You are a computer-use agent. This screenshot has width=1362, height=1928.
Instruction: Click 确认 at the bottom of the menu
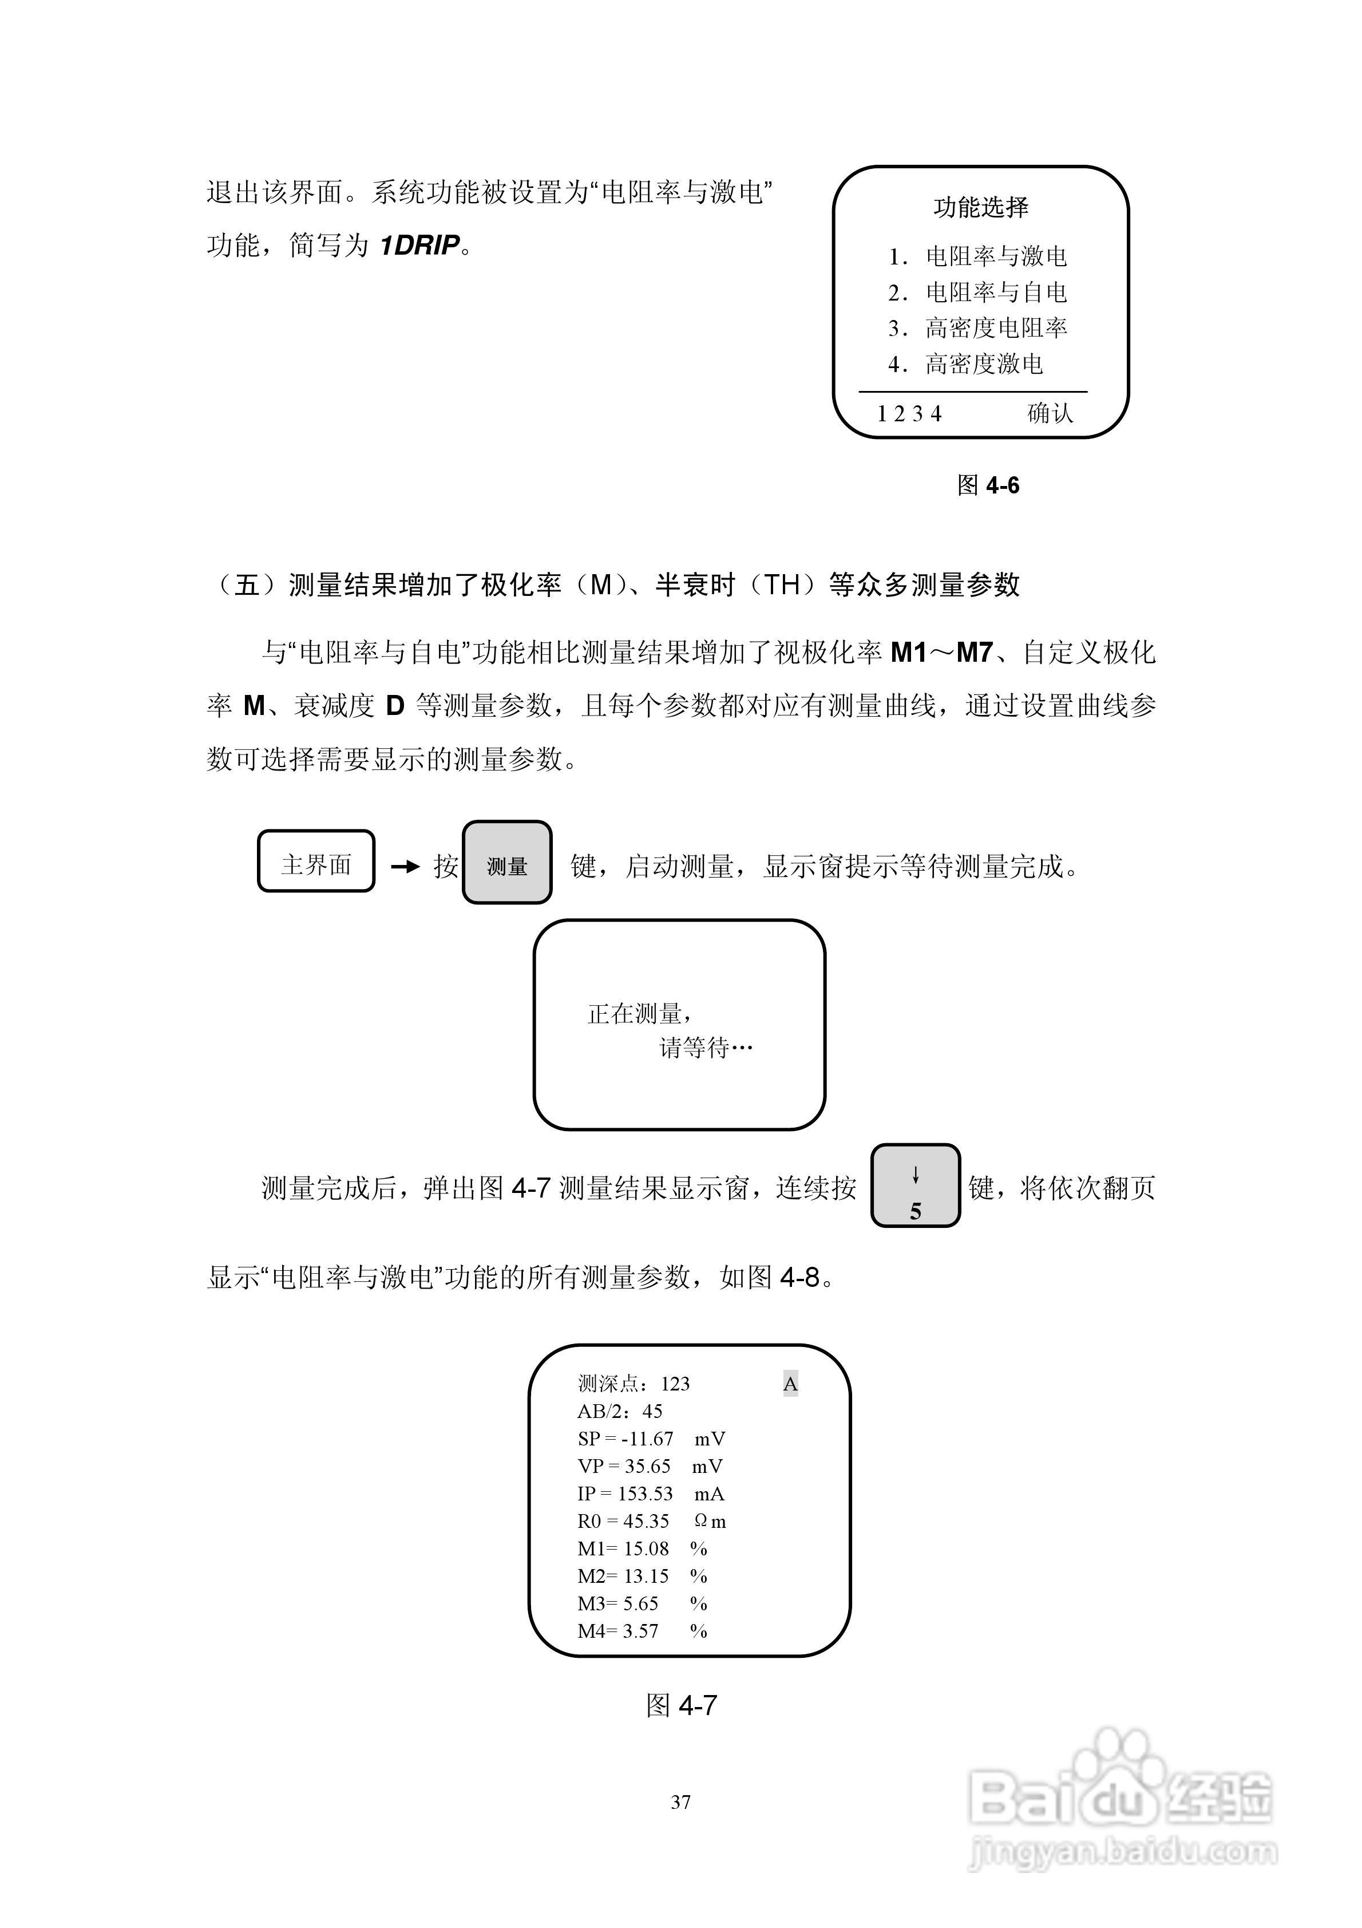1050,413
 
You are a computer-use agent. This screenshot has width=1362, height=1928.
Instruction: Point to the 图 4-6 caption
988,485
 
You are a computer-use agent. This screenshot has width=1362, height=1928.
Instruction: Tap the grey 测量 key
507,865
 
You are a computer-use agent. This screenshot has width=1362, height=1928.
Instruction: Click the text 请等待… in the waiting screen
706,1048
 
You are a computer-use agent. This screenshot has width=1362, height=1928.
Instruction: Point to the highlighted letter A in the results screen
790,1385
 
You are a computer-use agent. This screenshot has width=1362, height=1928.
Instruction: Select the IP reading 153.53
645,1494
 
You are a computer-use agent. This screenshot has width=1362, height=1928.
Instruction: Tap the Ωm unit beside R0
710,1522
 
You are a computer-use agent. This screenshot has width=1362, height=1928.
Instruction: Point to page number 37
681,1802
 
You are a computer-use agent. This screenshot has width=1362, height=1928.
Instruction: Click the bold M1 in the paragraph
909,653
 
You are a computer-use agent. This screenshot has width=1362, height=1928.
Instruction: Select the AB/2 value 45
652,1412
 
